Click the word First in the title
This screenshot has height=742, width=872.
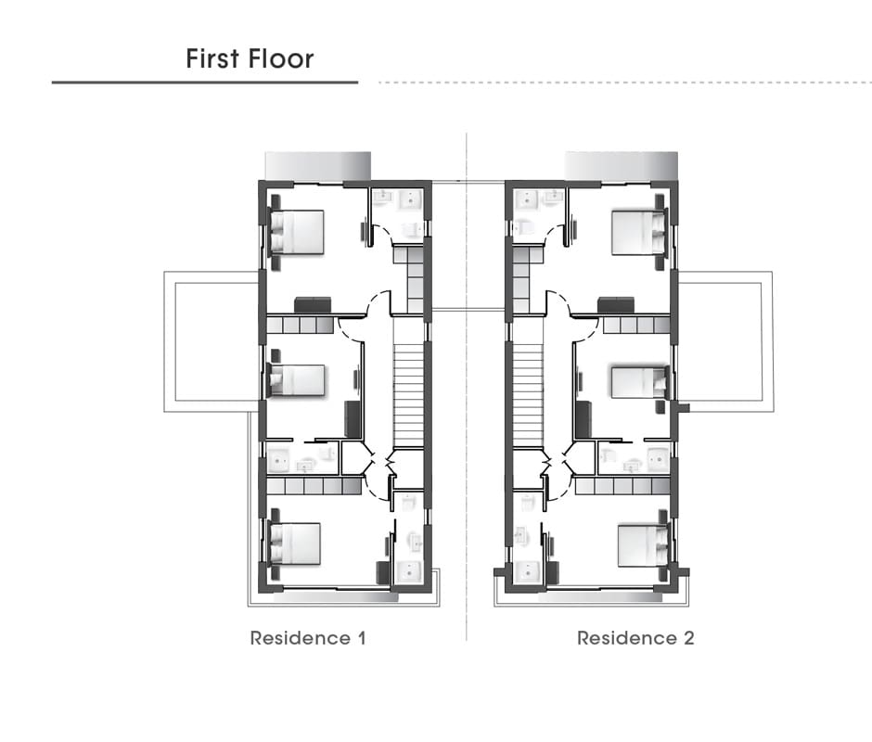point(212,58)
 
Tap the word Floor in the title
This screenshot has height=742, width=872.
point(281,58)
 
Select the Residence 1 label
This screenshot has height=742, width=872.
point(308,638)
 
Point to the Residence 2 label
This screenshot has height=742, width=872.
point(635,638)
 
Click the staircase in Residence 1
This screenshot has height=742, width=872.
point(409,395)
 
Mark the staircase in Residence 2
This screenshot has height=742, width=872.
point(528,395)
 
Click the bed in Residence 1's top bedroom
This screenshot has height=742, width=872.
point(297,232)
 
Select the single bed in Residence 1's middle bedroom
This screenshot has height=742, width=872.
point(297,380)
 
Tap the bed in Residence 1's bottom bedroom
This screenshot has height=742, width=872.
point(295,544)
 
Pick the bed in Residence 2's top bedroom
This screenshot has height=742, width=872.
point(638,232)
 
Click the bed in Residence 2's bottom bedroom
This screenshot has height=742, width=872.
point(643,545)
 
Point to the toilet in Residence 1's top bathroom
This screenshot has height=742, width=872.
point(411,228)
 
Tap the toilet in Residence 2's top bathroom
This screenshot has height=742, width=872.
point(525,227)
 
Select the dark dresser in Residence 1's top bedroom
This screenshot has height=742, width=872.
point(313,305)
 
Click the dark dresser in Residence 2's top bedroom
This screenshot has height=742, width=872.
point(616,305)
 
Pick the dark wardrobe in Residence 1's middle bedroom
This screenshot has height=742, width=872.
point(353,419)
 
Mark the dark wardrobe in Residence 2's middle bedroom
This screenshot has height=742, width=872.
point(583,419)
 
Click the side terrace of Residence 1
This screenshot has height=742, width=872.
point(212,341)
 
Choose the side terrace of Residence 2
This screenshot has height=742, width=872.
point(725,341)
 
